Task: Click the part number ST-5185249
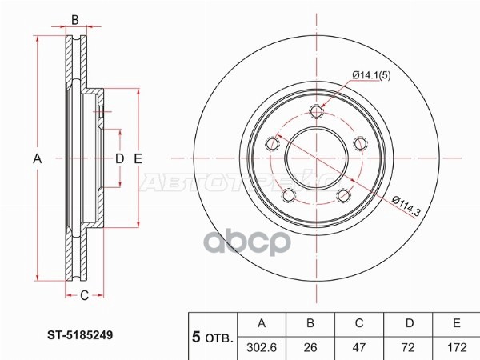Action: coord(78,337)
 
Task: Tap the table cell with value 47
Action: coord(360,346)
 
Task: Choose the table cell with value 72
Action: coord(409,346)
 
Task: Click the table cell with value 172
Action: coord(457,346)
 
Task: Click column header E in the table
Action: coord(457,323)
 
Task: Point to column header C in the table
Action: coord(360,323)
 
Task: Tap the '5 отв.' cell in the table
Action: coord(212,335)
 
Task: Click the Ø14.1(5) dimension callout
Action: coord(370,75)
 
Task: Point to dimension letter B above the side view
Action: coord(74,19)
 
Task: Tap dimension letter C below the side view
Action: coord(83,297)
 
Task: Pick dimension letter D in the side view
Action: coord(119,159)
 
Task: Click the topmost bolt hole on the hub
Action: coord(318,111)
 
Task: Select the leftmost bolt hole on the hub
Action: coord(273,144)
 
